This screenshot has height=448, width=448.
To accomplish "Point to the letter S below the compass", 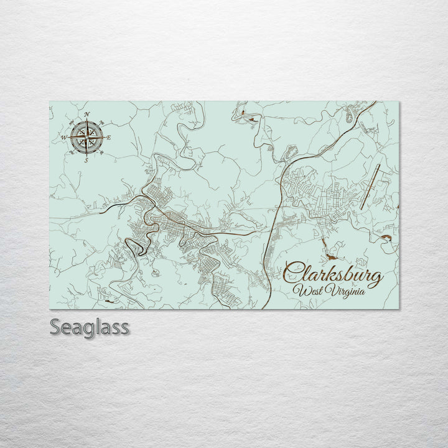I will click(x=86, y=159).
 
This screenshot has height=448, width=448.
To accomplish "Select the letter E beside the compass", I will click(x=109, y=137).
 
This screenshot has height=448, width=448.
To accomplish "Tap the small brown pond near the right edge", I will click(x=386, y=237).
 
